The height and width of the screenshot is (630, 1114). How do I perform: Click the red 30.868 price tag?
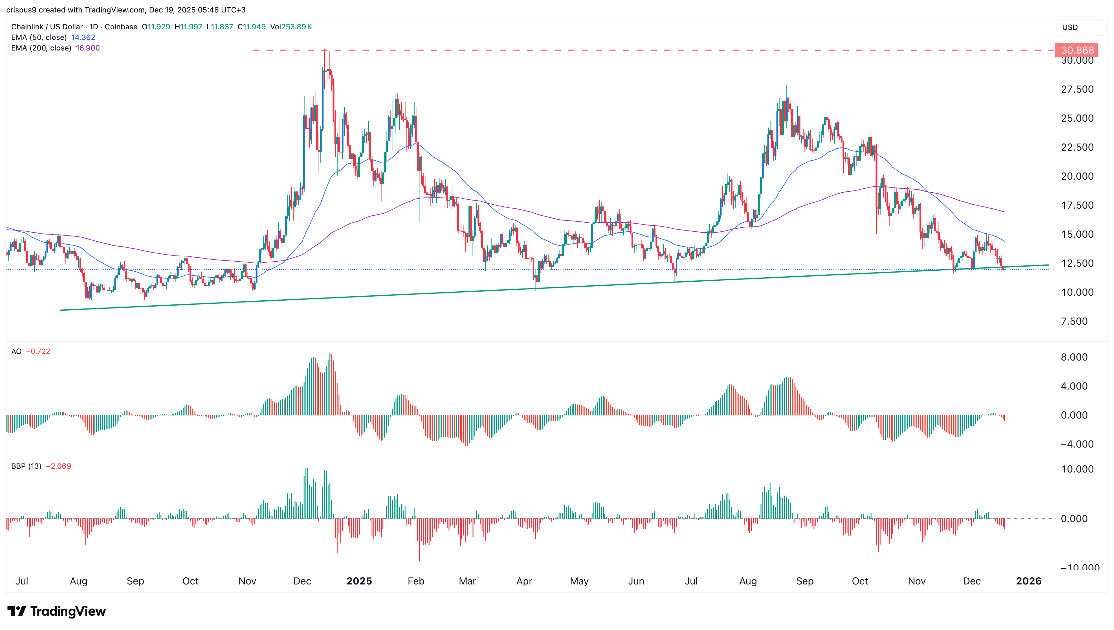coord(1077,50)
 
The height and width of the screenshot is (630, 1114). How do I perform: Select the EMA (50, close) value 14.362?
coord(83,37)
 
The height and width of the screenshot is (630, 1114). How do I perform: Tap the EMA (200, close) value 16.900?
coord(88,48)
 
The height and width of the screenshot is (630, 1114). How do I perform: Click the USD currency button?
coord(1070,27)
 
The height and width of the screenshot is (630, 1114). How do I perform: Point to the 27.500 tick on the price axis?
coord(1077,89)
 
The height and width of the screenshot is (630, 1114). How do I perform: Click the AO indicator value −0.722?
coord(38,351)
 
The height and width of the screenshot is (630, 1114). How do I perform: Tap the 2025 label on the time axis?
coord(359,581)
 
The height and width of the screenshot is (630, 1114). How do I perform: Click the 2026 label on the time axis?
coord(1028,581)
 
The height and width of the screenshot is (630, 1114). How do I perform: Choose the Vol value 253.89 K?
coord(296,27)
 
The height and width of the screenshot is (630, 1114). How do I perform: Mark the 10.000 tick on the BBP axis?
coord(1077,469)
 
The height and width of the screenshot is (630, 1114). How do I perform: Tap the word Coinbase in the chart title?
coord(121,27)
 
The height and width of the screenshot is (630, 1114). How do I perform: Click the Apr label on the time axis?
coord(524,581)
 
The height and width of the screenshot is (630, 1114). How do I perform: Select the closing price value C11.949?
coord(252,27)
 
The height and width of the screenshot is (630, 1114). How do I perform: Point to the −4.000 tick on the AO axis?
coord(1077,444)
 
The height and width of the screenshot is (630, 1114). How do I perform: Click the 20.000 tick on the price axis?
coord(1077,176)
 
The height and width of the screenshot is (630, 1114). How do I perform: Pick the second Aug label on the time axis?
coord(748,581)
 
